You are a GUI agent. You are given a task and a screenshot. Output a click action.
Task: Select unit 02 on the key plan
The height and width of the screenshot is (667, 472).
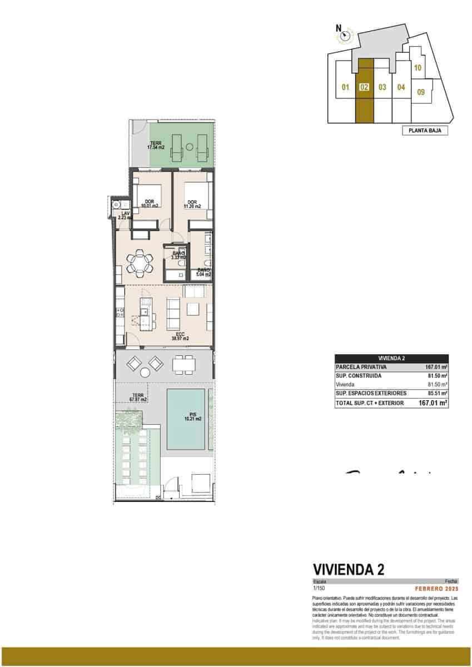coord(364,87)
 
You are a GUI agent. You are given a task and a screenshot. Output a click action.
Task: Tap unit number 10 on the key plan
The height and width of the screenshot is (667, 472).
coord(419,68)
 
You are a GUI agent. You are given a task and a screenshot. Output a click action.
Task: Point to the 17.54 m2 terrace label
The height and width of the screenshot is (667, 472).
coord(155,146)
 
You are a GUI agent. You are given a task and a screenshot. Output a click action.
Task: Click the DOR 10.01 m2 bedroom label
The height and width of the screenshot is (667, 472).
coord(150,203)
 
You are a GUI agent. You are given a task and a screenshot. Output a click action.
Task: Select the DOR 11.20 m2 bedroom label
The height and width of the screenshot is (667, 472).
coord(192,203)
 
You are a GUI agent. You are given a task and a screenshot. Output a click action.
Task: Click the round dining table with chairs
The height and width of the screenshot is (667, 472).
coord(140,262)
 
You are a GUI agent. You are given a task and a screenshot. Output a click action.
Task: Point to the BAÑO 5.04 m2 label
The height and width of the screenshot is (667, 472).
coord(203,272)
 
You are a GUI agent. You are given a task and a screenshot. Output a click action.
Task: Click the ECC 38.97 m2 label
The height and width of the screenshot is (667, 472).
coord(180,336)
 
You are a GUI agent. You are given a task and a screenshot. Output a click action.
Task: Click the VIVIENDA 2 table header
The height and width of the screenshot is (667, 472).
coord(391,359)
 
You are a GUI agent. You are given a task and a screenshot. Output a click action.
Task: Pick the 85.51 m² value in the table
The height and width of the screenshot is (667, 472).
coord(436,394)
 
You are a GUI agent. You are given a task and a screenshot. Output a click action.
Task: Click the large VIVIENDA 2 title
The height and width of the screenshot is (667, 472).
coord(349,569)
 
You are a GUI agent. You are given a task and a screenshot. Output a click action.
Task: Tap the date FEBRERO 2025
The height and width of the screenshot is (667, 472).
coord(436,588)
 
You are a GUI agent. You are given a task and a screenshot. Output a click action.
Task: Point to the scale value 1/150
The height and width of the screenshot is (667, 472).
coord(319,588)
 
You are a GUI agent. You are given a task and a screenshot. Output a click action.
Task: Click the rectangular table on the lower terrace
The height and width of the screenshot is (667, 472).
coord(184,365)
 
